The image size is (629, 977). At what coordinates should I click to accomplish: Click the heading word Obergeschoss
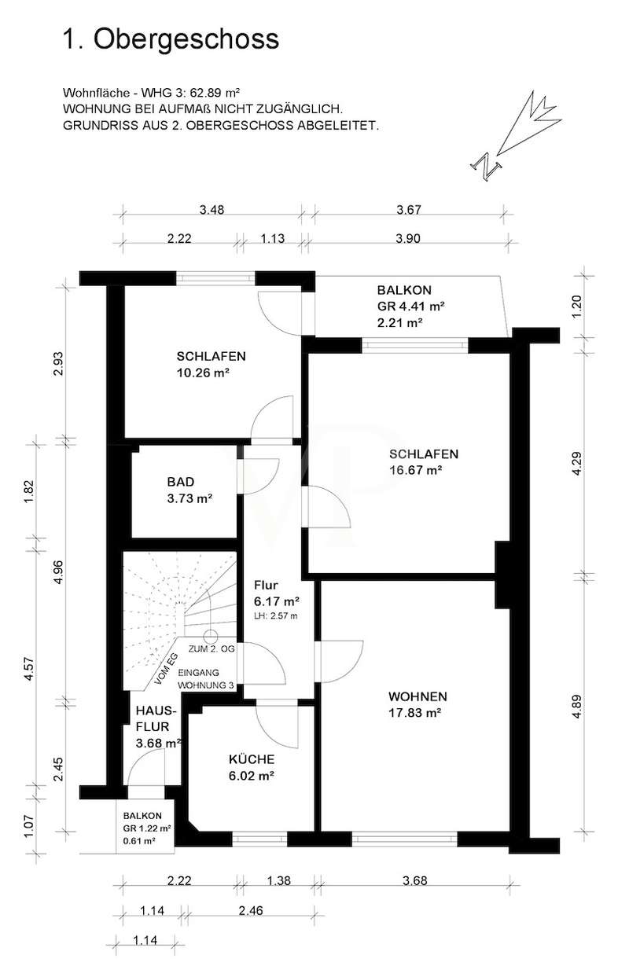(186, 39)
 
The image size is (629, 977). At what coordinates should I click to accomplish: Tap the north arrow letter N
(485, 166)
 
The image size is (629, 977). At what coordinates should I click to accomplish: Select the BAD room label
(181, 482)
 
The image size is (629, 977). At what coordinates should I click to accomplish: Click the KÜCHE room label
(252, 759)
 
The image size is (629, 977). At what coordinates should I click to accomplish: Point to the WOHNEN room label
(417, 696)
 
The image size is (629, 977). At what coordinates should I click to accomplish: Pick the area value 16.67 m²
(416, 471)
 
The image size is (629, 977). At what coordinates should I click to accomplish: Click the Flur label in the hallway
(266, 585)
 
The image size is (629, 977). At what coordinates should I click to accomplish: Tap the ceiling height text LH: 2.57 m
(276, 616)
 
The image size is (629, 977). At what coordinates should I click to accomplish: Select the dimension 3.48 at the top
(212, 210)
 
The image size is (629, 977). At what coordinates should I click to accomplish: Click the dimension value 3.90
(408, 239)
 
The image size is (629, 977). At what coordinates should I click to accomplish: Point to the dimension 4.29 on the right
(576, 464)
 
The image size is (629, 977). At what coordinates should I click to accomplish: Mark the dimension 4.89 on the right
(576, 706)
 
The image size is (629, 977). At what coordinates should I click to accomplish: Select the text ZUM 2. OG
(212, 649)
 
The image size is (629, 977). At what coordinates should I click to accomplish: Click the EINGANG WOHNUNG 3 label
(205, 678)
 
